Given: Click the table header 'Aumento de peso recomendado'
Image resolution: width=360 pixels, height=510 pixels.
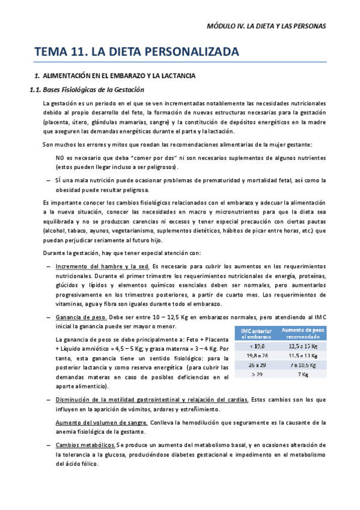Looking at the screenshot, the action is pyautogui.click(x=303, y=334).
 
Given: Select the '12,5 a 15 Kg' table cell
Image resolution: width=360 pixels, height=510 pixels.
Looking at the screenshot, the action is pyautogui.click(x=303, y=346).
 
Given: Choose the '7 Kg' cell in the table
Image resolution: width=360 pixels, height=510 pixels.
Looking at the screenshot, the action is pyautogui.click(x=303, y=375).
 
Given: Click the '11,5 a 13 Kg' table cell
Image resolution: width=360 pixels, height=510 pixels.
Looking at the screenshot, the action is pyautogui.click(x=303, y=355).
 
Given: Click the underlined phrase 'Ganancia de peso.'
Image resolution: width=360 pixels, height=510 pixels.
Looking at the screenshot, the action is pyautogui.click(x=81, y=317).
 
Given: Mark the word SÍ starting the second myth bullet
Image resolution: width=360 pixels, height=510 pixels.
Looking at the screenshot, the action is pyautogui.click(x=58, y=180).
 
